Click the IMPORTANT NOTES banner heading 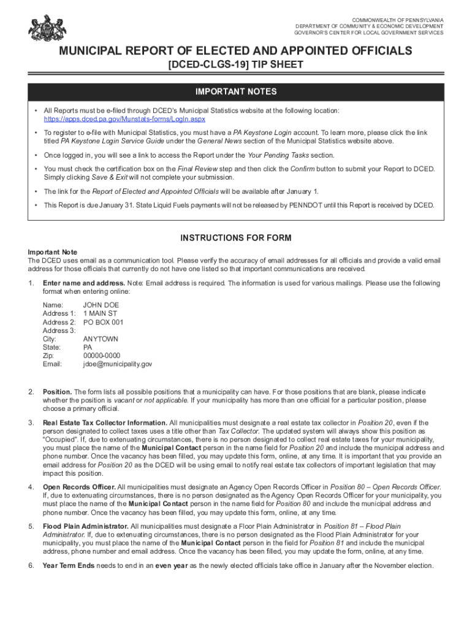(x=236, y=92)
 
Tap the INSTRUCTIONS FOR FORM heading (x=236, y=238)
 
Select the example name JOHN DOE (x=101, y=305)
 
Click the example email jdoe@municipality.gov (x=117, y=364)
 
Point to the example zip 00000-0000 (x=102, y=356)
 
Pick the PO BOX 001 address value (x=103, y=322)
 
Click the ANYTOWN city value (x=101, y=339)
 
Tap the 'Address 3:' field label (x=59, y=331)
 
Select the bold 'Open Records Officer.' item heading (x=78, y=487)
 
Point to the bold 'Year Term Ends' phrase (x=69, y=565)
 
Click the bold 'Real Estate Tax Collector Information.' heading (x=105, y=423)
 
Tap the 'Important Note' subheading (x=53, y=252)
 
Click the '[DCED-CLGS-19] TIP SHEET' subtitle (x=236, y=65)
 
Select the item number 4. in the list (x=31, y=487)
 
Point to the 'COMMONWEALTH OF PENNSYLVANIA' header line (x=398, y=20)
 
